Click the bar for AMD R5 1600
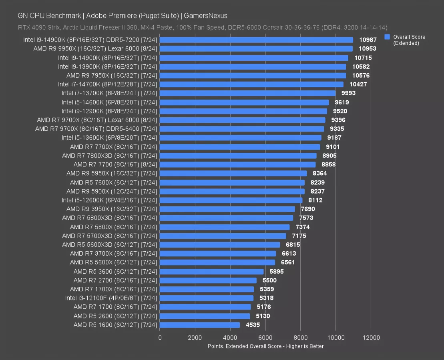(200, 325)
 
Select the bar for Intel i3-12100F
(207, 298)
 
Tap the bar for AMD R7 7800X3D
(238, 156)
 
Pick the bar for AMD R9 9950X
(256, 49)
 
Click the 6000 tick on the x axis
(265, 338)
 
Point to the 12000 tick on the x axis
(371, 338)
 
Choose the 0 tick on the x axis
(160, 338)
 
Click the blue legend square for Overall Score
(387, 37)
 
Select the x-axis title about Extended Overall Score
(265, 346)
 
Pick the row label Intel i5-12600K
(109, 200)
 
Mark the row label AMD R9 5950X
(112, 173)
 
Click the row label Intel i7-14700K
(107, 84)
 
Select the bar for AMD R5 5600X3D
(220, 244)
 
